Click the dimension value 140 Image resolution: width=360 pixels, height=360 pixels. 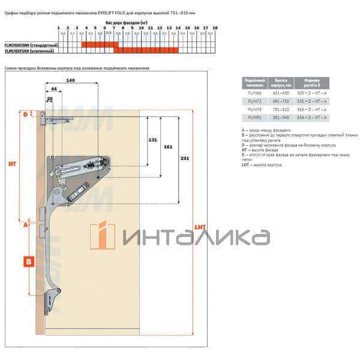click(71, 79)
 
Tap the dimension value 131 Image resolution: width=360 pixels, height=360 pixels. click(153, 139)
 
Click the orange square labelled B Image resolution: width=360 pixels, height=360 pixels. click(28, 261)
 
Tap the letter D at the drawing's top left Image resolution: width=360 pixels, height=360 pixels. click(25, 115)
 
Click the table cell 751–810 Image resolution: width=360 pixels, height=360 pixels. click(281, 110)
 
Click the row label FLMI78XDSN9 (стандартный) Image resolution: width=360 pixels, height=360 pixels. click(31, 46)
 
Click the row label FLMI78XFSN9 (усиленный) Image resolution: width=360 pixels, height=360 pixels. click(30, 52)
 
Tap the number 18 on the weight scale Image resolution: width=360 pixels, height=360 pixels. click(215, 28)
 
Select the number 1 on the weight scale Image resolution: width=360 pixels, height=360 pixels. click(58, 28)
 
